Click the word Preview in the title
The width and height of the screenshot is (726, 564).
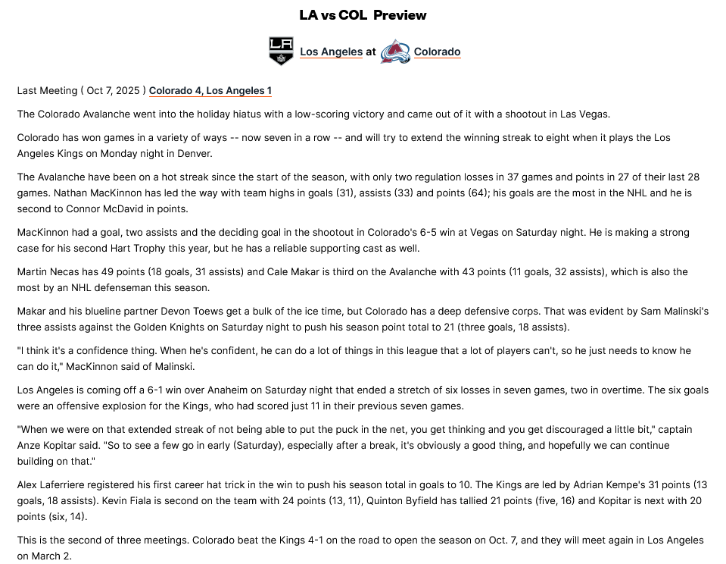click(400, 15)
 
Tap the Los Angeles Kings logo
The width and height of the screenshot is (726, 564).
click(281, 51)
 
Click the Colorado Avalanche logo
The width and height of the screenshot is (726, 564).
click(394, 52)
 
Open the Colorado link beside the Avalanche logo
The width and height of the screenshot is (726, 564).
click(437, 52)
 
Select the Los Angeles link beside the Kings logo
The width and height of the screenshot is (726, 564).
click(331, 52)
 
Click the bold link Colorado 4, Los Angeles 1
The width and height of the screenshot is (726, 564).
click(210, 91)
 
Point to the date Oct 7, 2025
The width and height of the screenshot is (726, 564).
click(113, 91)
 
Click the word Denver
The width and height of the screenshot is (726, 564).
click(195, 154)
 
